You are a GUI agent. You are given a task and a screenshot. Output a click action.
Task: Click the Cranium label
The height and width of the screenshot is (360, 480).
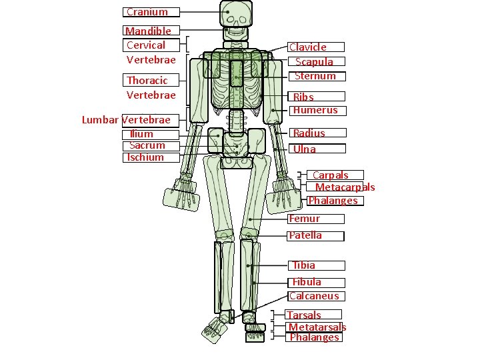(x=147, y=12)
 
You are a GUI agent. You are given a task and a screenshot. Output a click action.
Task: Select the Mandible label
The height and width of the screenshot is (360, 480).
(x=148, y=31)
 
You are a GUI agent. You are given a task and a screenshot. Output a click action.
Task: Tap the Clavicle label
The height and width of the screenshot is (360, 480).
(x=308, y=47)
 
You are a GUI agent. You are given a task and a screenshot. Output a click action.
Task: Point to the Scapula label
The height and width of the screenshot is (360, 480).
(x=314, y=61)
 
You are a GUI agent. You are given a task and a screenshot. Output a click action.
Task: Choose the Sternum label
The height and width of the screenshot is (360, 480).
(x=315, y=76)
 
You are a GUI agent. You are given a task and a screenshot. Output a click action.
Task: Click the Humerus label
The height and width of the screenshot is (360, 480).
(x=315, y=110)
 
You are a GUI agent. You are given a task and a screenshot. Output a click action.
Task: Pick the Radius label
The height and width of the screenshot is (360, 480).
(x=309, y=133)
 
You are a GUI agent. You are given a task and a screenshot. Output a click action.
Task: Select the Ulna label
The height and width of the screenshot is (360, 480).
(x=305, y=149)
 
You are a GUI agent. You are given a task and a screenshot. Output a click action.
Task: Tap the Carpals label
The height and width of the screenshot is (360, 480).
(x=331, y=175)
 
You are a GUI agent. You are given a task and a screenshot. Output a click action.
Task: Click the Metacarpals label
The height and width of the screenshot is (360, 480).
(x=345, y=187)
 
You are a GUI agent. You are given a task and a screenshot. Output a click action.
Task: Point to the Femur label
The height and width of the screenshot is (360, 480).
(x=305, y=219)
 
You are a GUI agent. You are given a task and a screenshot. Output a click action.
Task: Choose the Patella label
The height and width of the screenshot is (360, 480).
(x=305, y=235)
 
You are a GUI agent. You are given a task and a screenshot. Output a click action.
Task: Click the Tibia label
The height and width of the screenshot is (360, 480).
(x=304, y=265)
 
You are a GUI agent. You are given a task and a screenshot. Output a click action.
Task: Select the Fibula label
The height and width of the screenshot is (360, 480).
(x=307, y=282)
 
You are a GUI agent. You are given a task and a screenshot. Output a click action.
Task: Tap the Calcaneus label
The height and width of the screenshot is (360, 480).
(x=314, y=296)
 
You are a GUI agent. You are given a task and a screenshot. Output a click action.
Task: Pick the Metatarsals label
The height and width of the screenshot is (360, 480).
(x=317, y=327)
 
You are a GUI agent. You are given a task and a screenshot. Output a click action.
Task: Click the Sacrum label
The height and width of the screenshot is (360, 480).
(x=147, y=145)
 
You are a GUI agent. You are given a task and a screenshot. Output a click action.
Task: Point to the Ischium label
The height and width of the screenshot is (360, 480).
(x=146, y=157)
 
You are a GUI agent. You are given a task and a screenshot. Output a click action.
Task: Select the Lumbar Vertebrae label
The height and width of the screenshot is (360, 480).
(x=126, y=120)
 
